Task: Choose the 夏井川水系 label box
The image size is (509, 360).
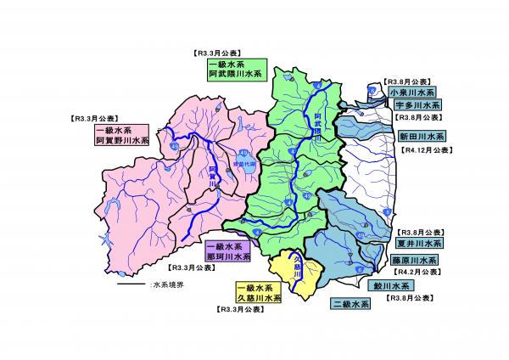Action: [x=417, y=243]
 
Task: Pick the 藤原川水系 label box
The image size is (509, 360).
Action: [x=417, y=260]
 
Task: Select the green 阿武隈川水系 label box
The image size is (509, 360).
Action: [x=237, y=70]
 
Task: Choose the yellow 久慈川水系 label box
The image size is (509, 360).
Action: [x=259, y=294]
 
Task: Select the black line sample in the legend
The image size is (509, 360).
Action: [x=131, y=285]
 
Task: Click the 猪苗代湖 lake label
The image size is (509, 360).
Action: [x=244, y=164]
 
